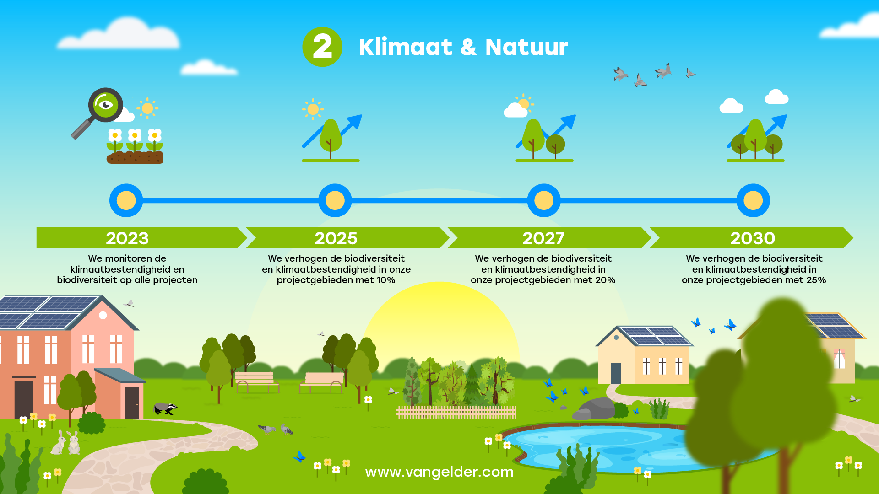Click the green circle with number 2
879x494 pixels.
pos(322,47)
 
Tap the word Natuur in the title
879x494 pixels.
pos(526,47)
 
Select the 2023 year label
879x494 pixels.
pos(127,238)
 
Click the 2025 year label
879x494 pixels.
pos(336,238)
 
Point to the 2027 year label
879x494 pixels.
pos(543,238)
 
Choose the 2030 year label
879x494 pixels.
pos(753,238)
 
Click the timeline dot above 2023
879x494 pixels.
pos(126,200)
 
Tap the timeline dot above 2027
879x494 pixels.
pos(544,200)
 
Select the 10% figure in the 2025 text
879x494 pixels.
pos(386,280)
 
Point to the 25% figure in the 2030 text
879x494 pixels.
pos(816,280)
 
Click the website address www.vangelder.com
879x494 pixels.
pos(439,472)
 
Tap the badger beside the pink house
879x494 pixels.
pos(165,408)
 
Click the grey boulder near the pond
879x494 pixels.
pos(595,408)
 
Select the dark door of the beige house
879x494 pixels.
pos(616,373)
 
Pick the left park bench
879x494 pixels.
pos(257,382)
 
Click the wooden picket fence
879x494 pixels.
pos(456,412)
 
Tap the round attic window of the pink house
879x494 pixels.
pos(103,315)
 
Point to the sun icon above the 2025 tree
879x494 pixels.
pos(313,109)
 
